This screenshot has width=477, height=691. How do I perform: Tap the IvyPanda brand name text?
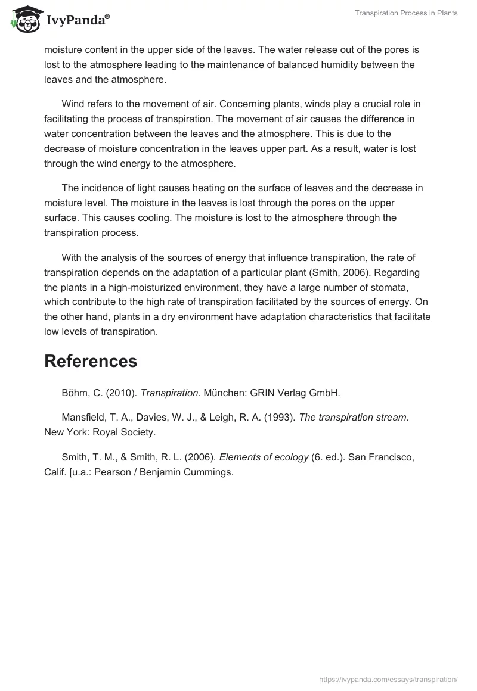pos(76,21)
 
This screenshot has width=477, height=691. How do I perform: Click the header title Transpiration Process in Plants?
pos(406,13)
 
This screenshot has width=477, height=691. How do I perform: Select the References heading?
pos(91,361)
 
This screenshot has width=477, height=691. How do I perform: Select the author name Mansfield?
pos(83,418)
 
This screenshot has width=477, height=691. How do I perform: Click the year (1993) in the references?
pos(280,418)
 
